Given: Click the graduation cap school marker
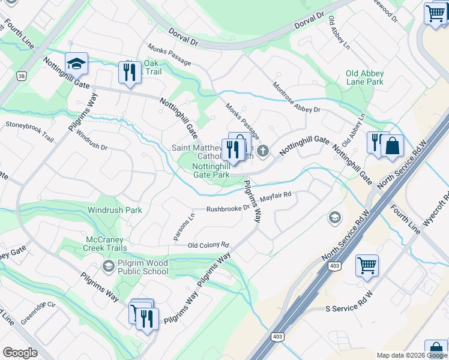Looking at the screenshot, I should [x=77, y=63].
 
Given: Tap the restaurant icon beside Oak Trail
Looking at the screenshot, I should [x=129, y=73].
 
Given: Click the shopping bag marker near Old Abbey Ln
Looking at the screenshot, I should [x=392, y=146].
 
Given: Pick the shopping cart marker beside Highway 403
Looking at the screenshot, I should [x=367, y=265].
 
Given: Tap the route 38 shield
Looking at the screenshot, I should [x=22, y=76].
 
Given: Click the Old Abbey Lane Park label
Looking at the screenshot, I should [x=364, y=77].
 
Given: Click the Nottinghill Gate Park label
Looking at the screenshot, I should [x=211, y=170].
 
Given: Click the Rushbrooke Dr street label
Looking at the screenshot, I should [x=228, y=208].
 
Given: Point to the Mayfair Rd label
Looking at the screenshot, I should [x=275, y=194].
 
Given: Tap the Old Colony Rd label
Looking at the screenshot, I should [x=208, y=245].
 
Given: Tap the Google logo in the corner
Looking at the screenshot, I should [x=20, y=352].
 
